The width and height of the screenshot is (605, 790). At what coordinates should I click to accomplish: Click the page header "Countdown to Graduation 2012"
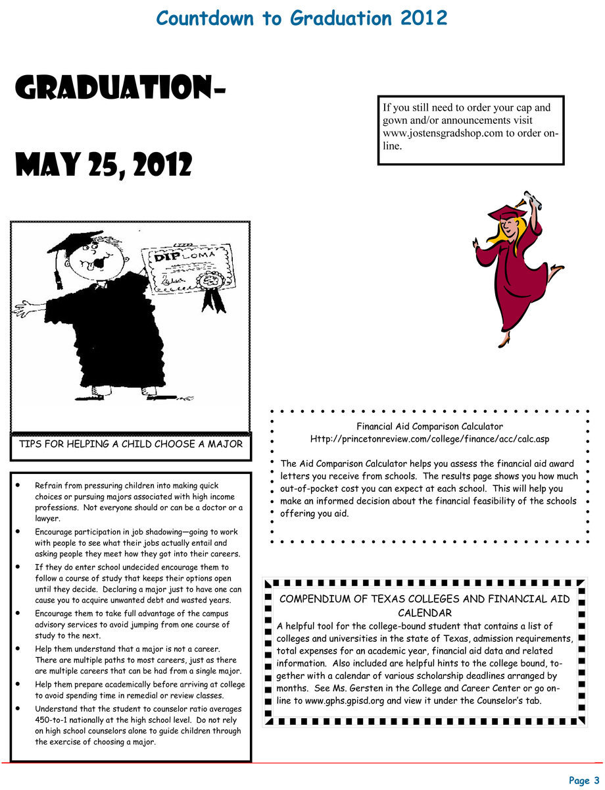302,18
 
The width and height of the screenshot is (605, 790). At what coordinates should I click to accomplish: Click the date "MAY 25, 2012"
103,164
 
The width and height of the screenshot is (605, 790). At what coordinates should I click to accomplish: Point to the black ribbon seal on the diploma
212,290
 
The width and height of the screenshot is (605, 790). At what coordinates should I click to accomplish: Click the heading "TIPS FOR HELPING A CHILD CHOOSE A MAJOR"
131,444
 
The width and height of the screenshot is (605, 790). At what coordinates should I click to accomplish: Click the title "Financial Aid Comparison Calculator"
429,427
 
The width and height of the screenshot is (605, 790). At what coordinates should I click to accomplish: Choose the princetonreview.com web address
429,438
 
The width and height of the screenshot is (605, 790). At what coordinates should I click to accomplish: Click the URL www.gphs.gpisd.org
345,700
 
